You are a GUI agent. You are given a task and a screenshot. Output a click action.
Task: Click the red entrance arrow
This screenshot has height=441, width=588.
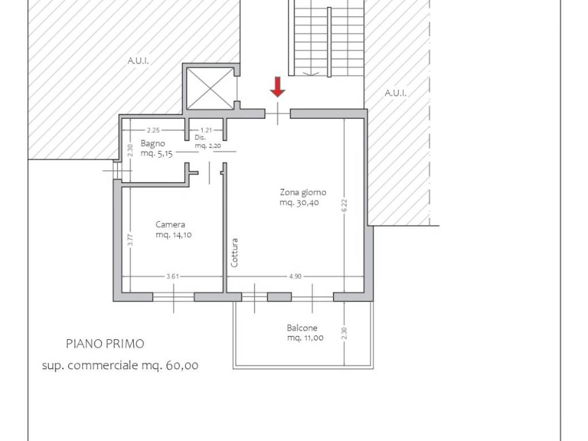click(x=277, y=87)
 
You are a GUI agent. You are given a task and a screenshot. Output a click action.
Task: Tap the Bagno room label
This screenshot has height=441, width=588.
click(x=153, y=143)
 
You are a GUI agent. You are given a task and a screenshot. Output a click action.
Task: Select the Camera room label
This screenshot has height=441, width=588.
click(x=170, y=225)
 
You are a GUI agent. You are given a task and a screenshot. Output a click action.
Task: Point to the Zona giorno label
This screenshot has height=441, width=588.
click(x=303, y=192)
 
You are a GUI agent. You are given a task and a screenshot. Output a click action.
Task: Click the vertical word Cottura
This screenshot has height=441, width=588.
click(x=234, y=253)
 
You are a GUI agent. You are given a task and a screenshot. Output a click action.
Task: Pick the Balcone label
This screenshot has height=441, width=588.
click(x=302, y=328)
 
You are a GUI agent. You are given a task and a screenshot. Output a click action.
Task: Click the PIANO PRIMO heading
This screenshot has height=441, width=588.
click(x=105, y=344)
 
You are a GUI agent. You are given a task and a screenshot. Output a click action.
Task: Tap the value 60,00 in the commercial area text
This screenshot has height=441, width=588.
click(x=182, y=365)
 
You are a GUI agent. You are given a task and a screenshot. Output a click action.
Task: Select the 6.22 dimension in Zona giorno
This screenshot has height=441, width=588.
click(x=345, y=206)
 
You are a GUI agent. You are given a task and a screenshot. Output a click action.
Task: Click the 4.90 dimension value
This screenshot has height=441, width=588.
click(x=295, y=276)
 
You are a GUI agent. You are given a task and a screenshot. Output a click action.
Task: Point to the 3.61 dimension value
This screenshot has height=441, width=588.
click(x=172, y=276)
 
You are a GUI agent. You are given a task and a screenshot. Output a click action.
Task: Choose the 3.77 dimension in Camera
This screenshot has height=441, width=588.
click(x=130, y=240)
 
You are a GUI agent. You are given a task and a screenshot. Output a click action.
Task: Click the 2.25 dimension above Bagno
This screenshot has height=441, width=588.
click(x=153, y=130)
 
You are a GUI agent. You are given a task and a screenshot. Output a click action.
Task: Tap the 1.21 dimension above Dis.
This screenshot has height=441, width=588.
click(x=206, y=130)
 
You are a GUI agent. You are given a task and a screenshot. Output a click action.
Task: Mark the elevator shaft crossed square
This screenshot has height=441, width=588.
click(x=210, y=88)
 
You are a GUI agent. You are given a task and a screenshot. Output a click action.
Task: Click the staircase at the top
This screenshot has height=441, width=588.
click(x=327, y=38)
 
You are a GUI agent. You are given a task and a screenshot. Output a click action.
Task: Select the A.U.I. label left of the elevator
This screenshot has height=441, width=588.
click(x=138, y=61)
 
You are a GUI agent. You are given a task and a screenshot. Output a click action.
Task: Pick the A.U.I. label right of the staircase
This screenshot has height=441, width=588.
click(x=395, y=93)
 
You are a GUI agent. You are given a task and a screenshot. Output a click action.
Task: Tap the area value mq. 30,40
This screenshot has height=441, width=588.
click(x=299, y=203)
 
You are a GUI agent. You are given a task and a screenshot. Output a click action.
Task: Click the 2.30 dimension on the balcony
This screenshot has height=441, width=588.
click(x=345, y=334)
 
